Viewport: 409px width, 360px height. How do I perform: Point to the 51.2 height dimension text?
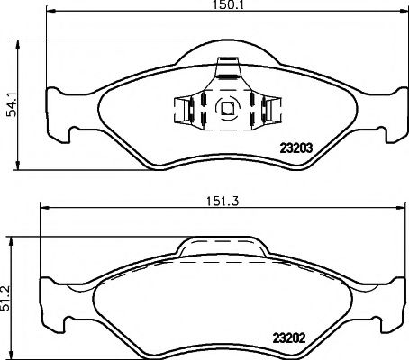tap(10, 296)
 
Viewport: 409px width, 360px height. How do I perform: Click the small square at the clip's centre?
tap(227, 112)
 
